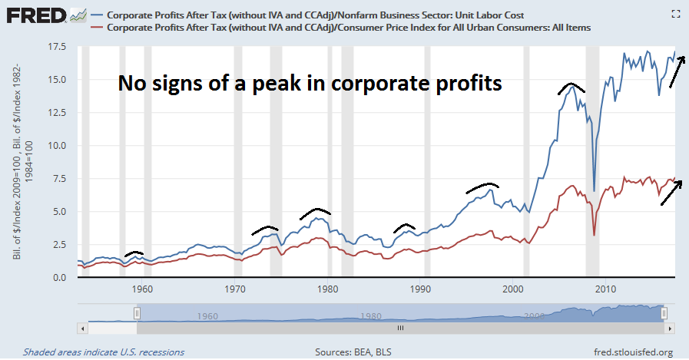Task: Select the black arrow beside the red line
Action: pyautogui.click(x=671, y=189)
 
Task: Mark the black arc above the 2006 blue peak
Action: pyautogui.click(x=572, y=86)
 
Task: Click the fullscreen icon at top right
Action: pyautogui.click(x=675, y=13)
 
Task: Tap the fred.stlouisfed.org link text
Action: pyautogui.click(x=634, y=352)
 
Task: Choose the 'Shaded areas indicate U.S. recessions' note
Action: pyautogui.click(x=104, y=352)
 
